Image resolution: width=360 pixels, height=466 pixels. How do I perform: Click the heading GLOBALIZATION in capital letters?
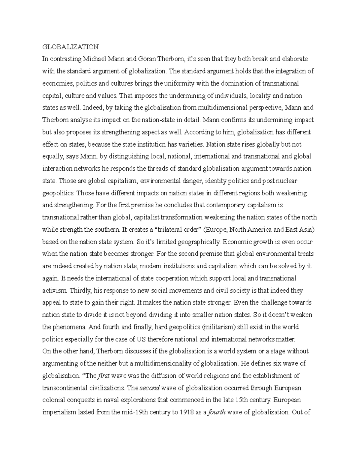70,47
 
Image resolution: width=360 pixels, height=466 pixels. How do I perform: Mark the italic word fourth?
217,412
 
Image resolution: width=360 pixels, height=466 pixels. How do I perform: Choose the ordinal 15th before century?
241,400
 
